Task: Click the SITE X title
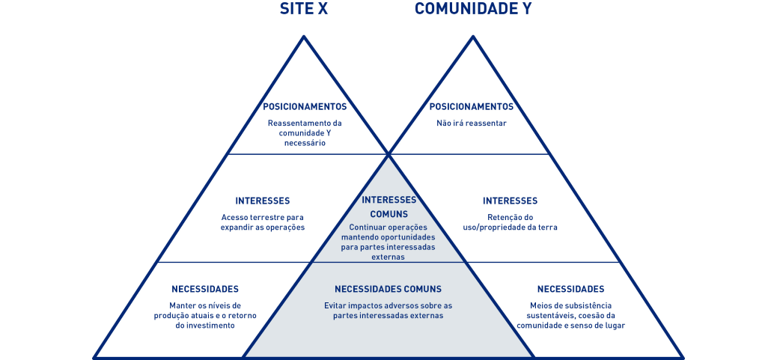coord(304,9)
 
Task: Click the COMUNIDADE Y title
coord(473,9)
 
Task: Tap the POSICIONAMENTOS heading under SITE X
coord(305,107)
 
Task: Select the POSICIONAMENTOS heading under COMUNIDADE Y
coord(472,107)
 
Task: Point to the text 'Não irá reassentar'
coord(472,123)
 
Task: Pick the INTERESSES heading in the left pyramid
coord(263,201)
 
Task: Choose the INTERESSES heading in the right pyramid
coord(510,201)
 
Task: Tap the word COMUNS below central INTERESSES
coord(389,214)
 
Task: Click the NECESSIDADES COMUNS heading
coord(388,289)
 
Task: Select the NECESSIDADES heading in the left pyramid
coord(205,289)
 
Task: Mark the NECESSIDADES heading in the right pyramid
coord(571,289)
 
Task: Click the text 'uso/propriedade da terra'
coord(510,228)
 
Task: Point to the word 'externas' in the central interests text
coord(388,257)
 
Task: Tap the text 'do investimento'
coord(205,326)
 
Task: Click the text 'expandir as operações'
coord(263,228)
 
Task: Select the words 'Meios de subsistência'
coord(571,305)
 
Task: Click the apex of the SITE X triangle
coord(304,36)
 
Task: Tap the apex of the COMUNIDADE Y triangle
coord(473,36)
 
